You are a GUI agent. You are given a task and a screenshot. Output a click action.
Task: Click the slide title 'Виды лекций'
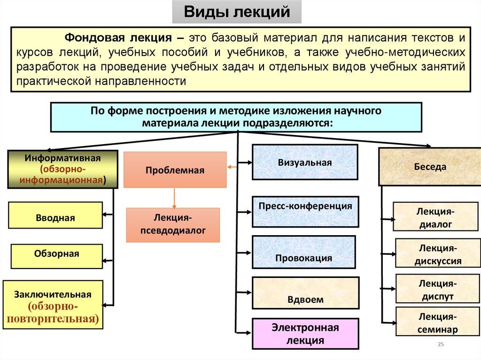(236, 12)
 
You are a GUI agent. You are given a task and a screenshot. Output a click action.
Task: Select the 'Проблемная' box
(175, 170)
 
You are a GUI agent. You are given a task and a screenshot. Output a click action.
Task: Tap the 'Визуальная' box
(304, 162)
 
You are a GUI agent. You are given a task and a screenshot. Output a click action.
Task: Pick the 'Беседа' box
(430, 167)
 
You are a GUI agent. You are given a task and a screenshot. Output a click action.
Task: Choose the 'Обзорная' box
(56, 256)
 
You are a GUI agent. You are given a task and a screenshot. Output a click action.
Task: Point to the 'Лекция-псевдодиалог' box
(173, 225)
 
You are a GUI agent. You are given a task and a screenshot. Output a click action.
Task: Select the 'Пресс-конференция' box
(305, 211)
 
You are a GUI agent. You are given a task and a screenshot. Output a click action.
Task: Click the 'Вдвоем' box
(306, 292)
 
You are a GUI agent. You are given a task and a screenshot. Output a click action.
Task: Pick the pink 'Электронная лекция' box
(305, 334)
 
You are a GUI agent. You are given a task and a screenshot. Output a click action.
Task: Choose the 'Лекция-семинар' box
(436, 322)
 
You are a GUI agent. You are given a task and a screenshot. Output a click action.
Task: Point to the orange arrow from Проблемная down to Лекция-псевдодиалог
(174, 198)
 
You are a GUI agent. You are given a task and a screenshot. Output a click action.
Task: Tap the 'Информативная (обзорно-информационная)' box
(62, 169)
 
